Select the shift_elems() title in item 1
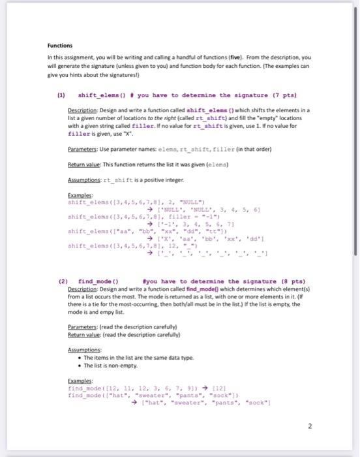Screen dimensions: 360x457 click(x=100, y=95)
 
